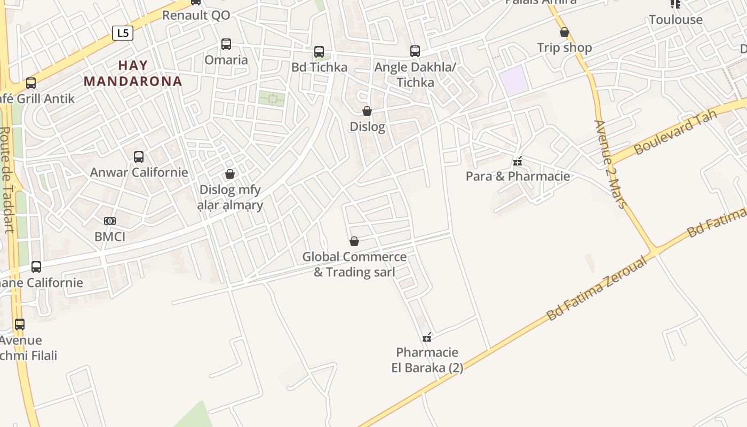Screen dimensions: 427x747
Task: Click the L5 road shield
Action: [x=123, y=33]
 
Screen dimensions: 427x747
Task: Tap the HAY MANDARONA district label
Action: [x=133, y=73]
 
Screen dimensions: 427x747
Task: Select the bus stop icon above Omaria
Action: [x=226, y=44]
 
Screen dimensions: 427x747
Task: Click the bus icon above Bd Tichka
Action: [x=319, y=52]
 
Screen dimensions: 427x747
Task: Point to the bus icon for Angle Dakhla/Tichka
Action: [x=415, y=51]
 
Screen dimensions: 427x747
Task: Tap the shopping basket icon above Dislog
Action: [x=367, y=111]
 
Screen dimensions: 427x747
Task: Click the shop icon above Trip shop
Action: [x=565, y=33]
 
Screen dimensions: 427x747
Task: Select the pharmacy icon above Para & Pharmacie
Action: [x=517, y=161]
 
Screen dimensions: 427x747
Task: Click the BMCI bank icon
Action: [x=110, y=221]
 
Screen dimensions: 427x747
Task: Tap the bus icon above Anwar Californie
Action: [x=139, y=157]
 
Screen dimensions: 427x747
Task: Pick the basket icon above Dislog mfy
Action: [x=230, y=174]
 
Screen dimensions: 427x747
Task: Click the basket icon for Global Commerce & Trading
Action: [x=354, y=241]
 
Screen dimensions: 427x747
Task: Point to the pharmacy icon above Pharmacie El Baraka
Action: [x=427, y=337]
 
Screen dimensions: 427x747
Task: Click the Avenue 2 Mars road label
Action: [x=610, y=163]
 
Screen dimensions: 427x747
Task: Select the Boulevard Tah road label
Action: [x=675, y=132]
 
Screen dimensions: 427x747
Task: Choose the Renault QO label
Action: [x=196, y=15]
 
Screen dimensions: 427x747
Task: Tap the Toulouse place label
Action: [x=676, y=20]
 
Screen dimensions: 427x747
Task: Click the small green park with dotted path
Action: [x=272, y=98]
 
